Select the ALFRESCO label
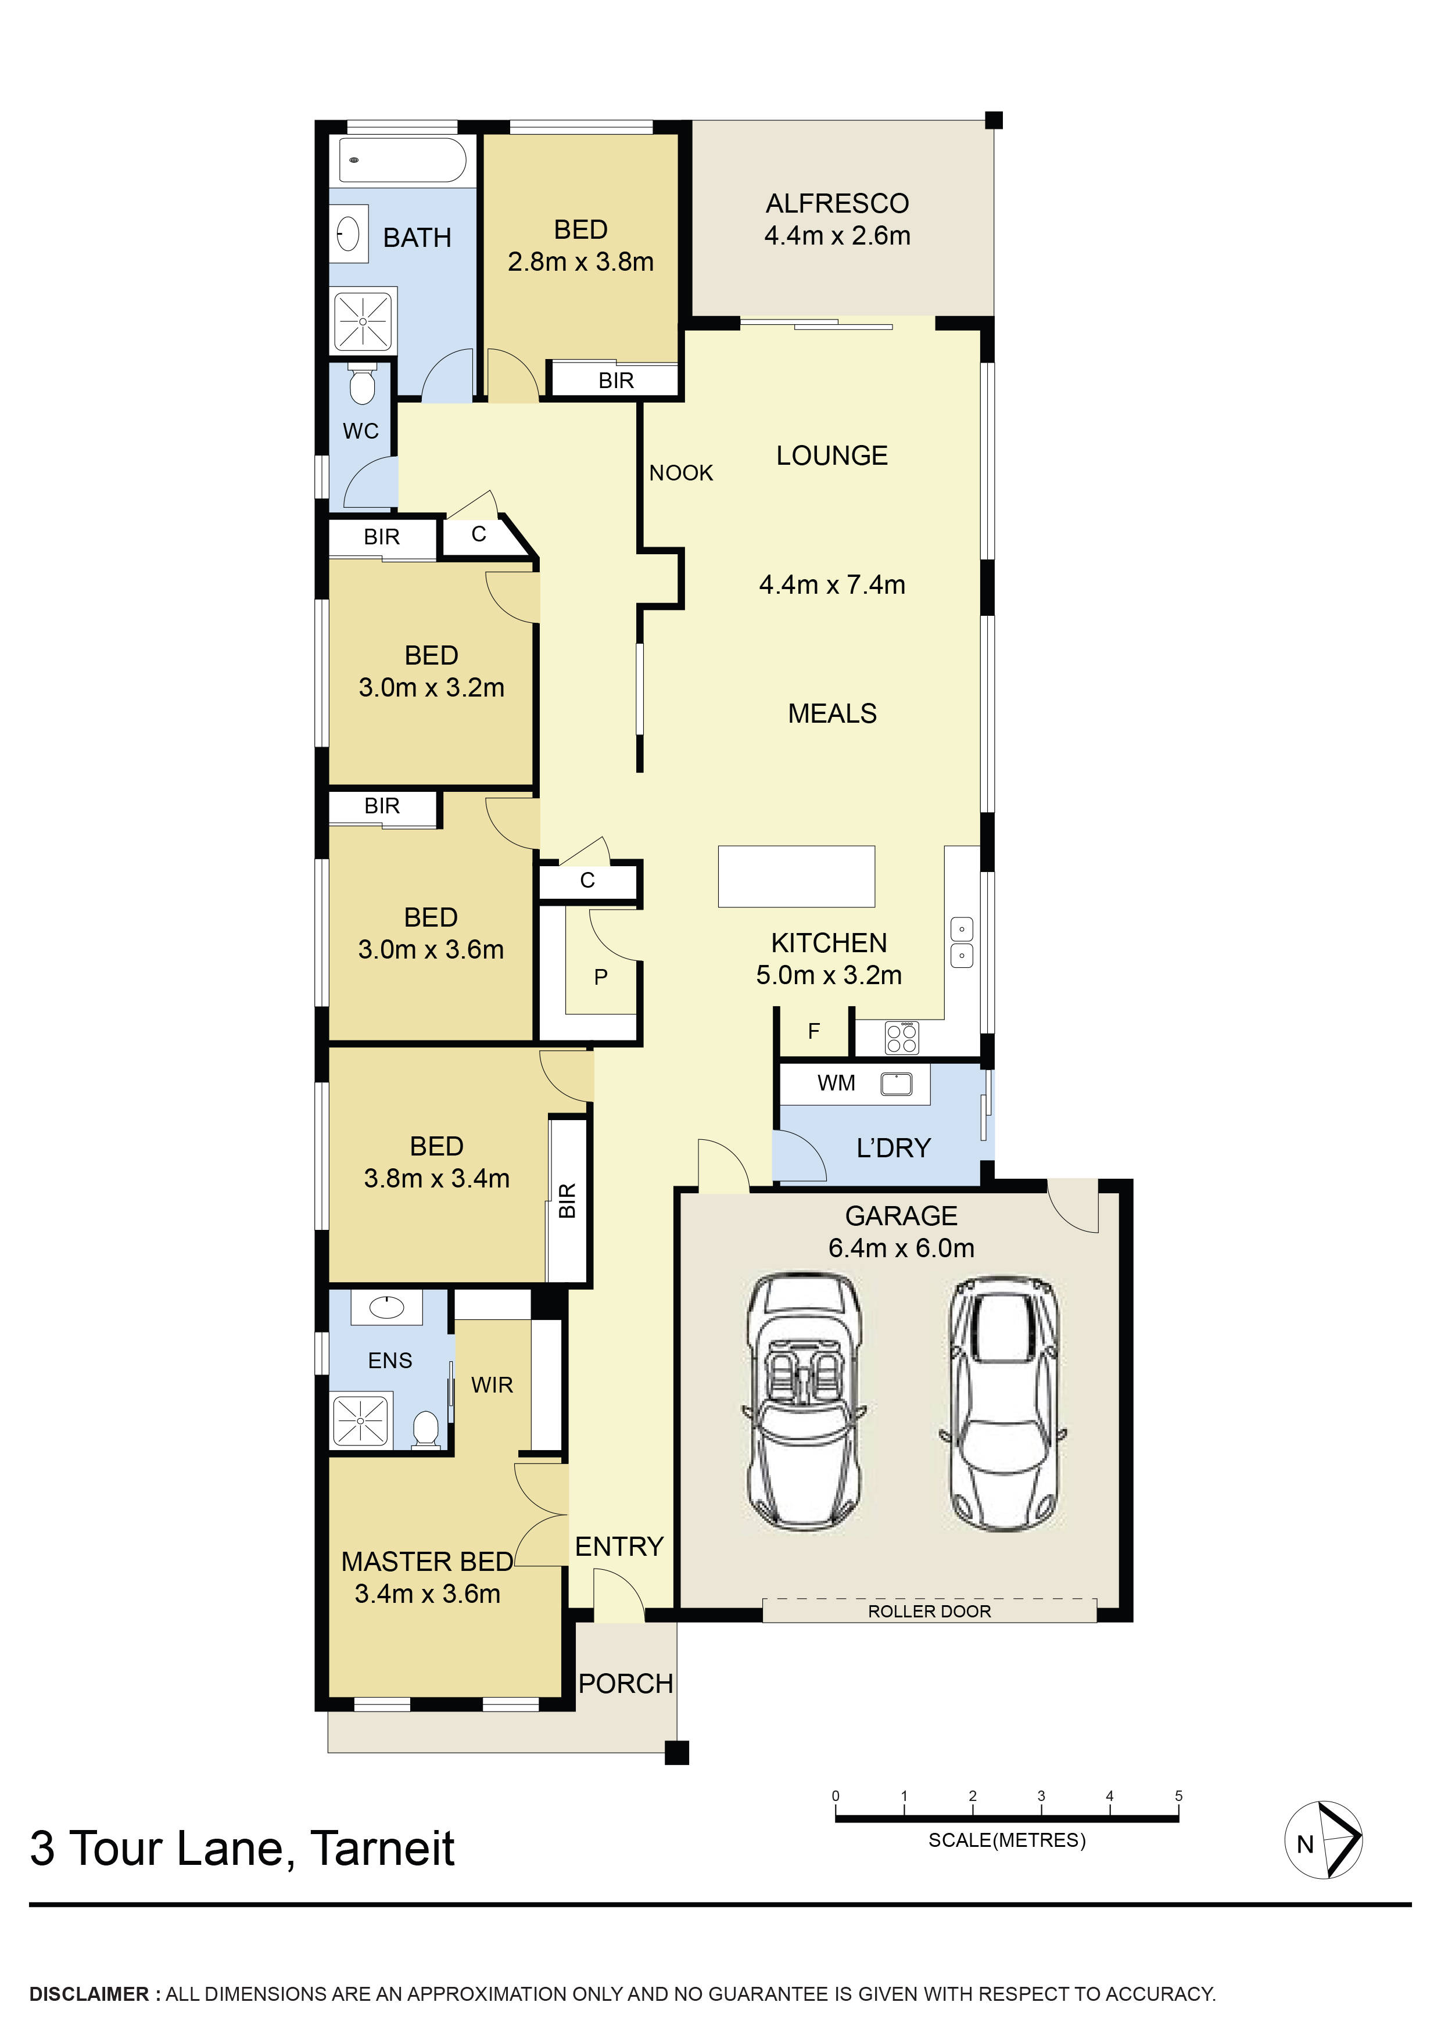[x=837, y=203]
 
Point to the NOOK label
[x=681, y=473]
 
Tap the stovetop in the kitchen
[x=902, y=1038]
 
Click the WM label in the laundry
[x=836, y=1083]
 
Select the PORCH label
[x=626, y=1684]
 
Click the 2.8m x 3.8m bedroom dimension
[x=580, y=262]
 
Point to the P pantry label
[x=601, y=977]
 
